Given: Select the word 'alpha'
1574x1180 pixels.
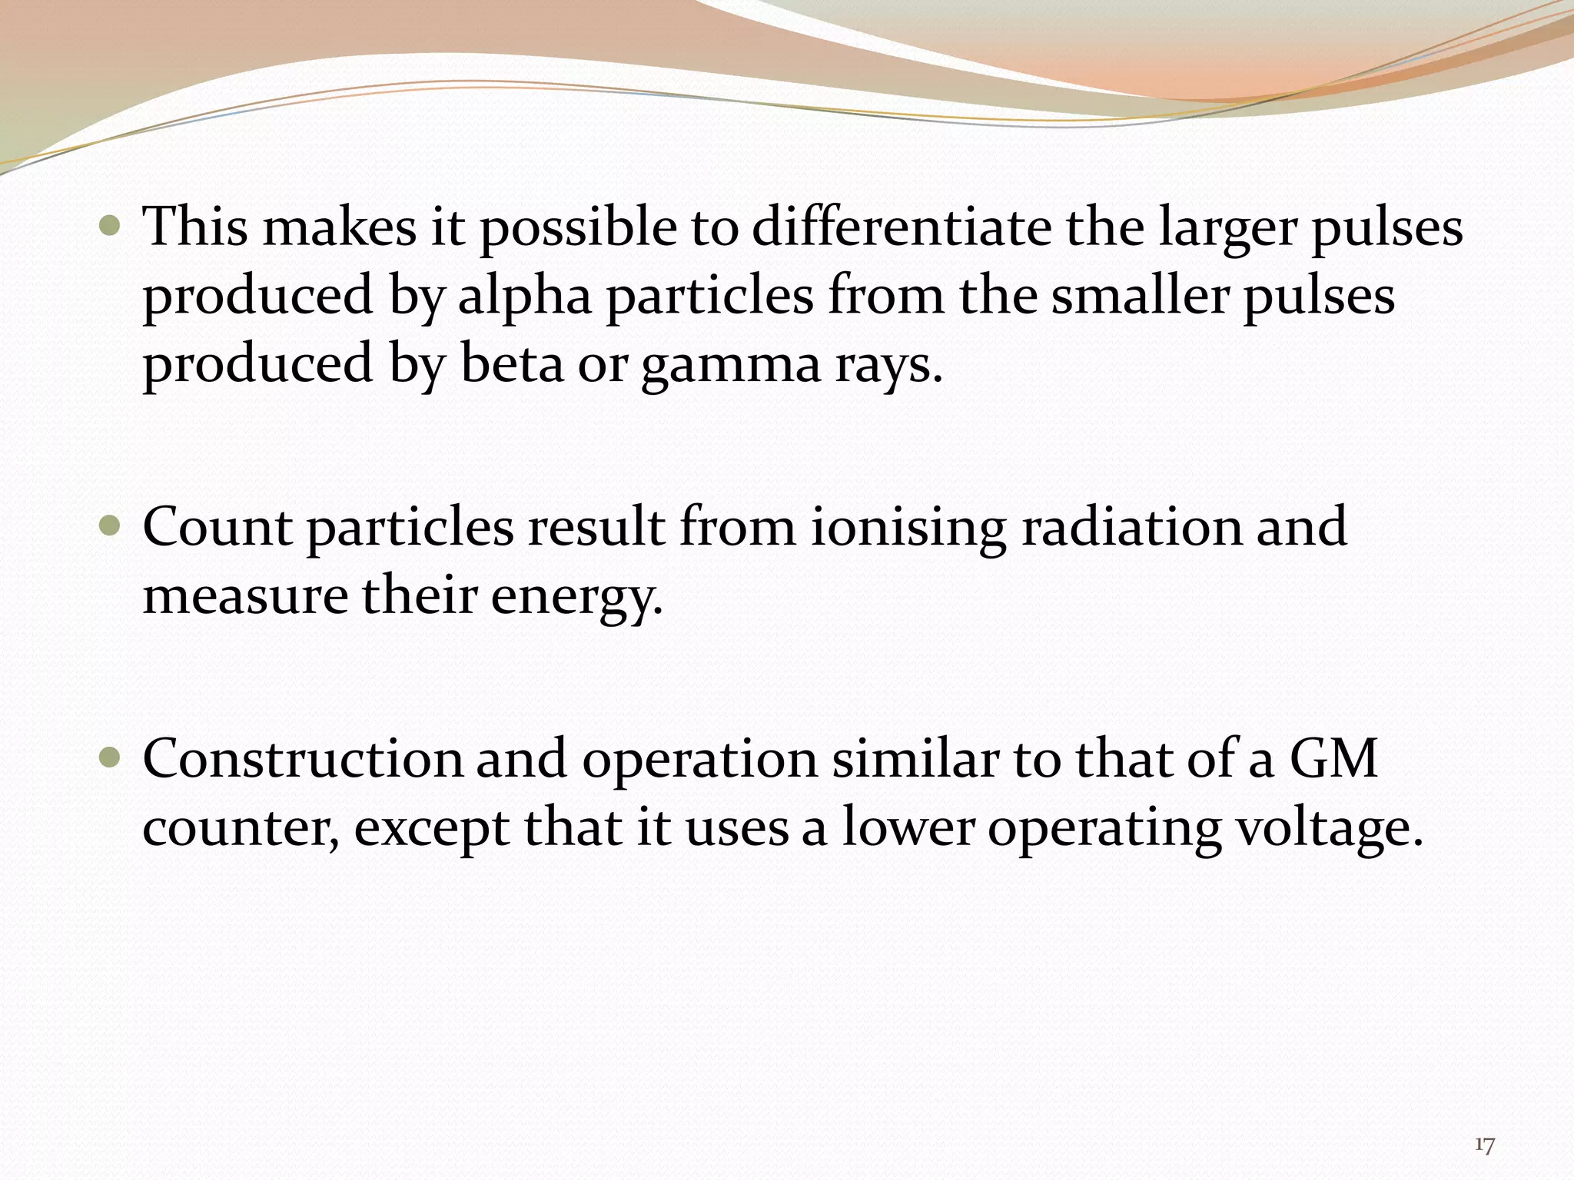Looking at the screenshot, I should (x=525, y=297).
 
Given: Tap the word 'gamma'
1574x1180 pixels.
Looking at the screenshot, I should (x=731, y=366).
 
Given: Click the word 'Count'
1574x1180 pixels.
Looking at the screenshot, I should (x=217, y=527).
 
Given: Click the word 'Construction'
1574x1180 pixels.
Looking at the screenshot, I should (x=303, y=759).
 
